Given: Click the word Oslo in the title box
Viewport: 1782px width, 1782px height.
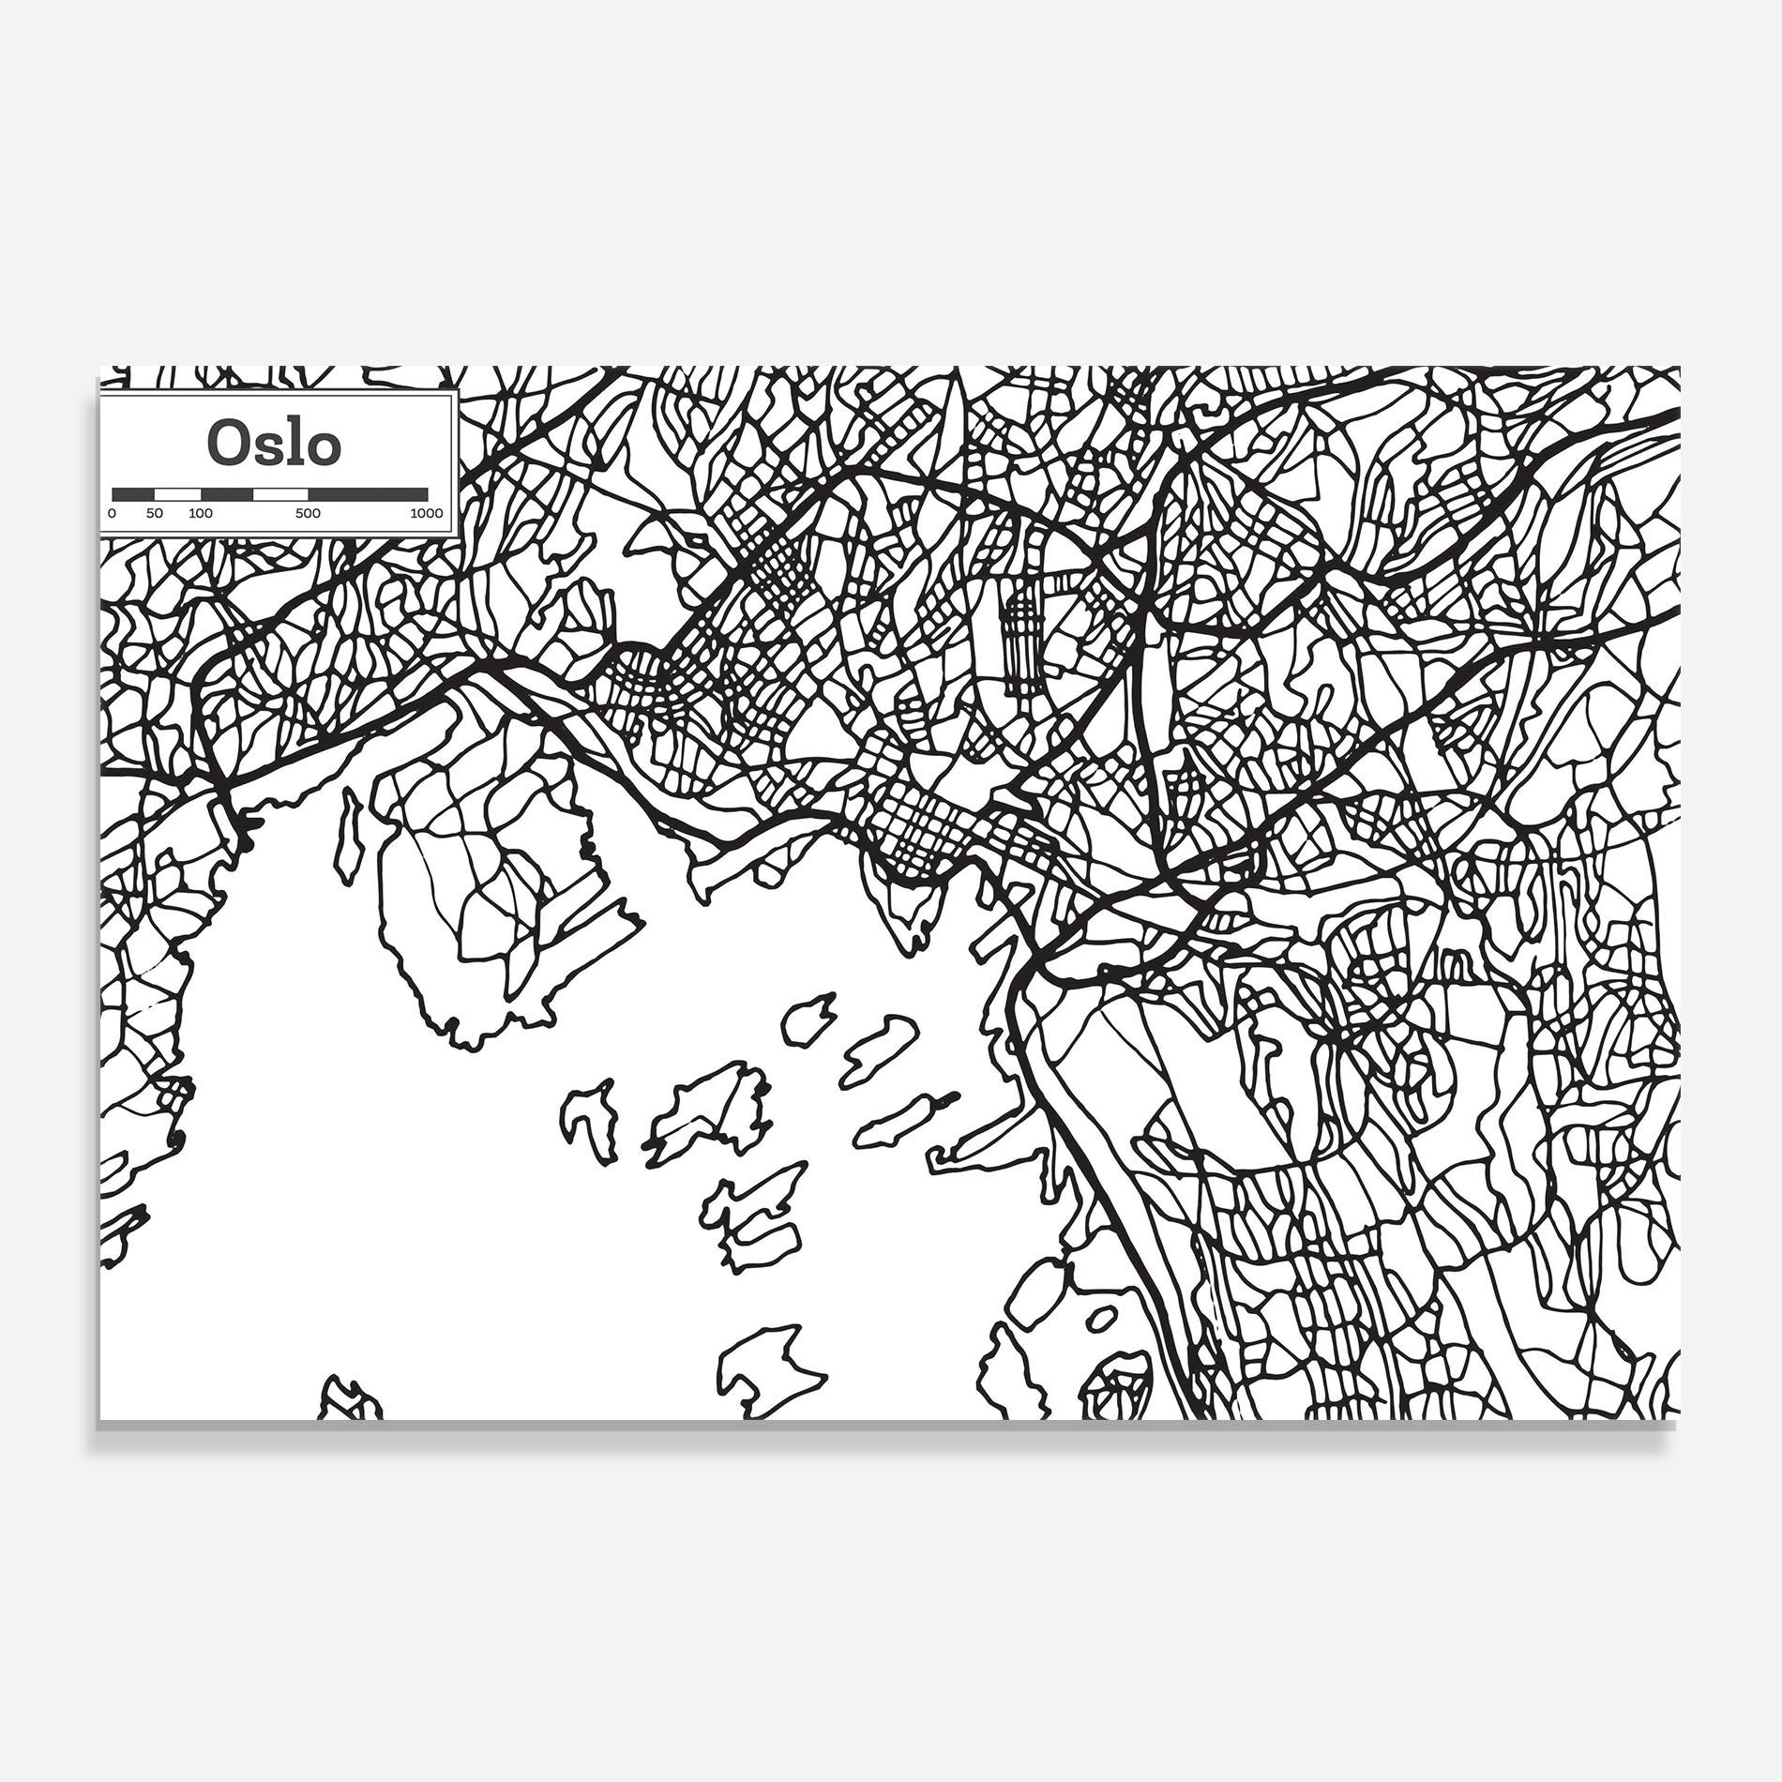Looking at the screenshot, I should pyautogui.click(x=274, y=444).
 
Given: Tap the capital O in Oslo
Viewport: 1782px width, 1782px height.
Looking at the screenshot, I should pyautogui.click(x=226, y=445).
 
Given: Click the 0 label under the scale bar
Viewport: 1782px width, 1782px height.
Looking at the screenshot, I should pyautogui.click(x=113, y=513).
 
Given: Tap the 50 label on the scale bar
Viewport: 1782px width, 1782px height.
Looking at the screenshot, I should pyautogui.click(x=155, y=513).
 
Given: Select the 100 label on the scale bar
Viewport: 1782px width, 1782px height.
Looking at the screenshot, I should pyautogui.click(x=200, y=513).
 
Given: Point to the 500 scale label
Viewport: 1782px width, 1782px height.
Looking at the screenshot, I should pyautogui.click(x=308, y=513).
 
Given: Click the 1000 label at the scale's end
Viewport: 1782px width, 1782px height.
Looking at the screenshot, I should pyautogui.click(x=426, y=513).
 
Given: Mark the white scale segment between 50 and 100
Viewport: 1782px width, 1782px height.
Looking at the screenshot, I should pyautogui.click(x=178, y=493).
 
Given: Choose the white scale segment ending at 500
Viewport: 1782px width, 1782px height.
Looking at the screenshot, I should pyautogui.click(x=281, y=493).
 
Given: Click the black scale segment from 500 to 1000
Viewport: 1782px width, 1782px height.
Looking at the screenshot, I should pyautogui.click(x=368, y=493).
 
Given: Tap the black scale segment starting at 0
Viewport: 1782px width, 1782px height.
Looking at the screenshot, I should pyautogui.click(x=133, y=493).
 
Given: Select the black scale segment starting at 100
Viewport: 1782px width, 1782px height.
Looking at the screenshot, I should pyautogui.click(x=227, y=493).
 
